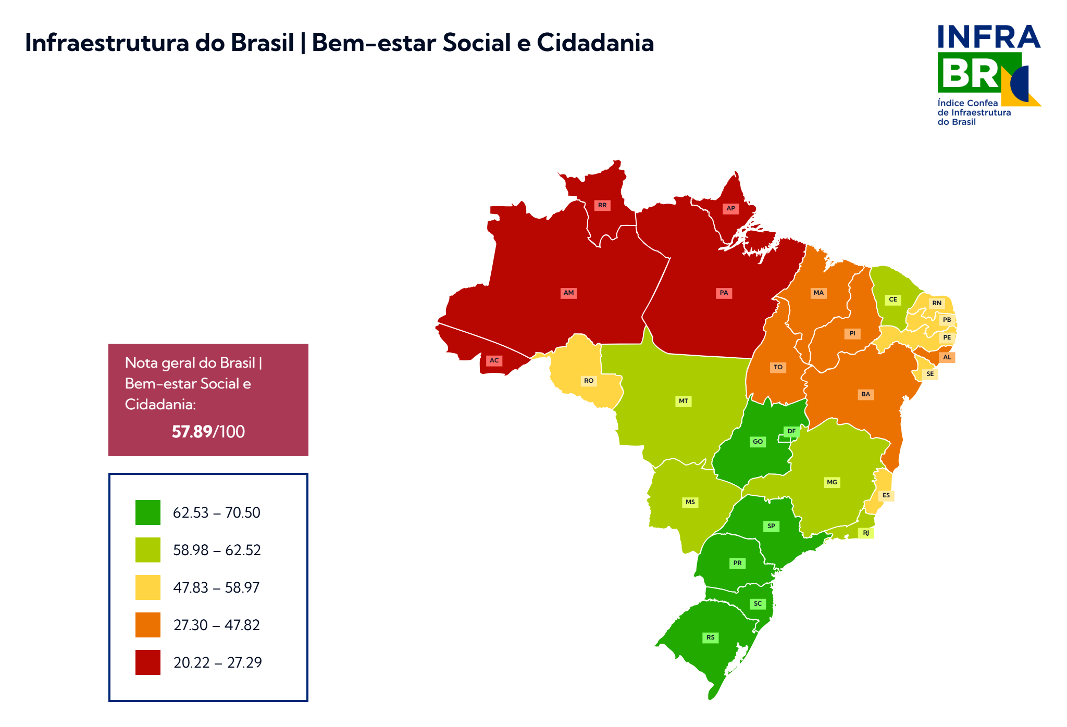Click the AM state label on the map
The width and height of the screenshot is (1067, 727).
point(568,293)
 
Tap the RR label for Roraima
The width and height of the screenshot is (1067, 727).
point(602,205)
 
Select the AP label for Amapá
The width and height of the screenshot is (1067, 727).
point(730,208)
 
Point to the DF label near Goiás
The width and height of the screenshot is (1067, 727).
point(791,431)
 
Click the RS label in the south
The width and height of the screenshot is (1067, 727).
point(711,637)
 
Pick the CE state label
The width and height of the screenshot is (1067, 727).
point(893,299)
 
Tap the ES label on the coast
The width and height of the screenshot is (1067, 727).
point(886,495)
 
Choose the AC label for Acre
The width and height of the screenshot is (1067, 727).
point(494,360)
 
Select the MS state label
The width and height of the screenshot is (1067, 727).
point(690,502)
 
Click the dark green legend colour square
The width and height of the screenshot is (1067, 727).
point(148,512)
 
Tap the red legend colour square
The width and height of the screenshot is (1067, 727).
point(148,662)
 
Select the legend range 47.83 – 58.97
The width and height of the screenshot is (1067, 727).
point(216,587)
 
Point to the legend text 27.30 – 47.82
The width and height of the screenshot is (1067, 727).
point(216,625)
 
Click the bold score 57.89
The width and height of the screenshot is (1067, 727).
point(192,432)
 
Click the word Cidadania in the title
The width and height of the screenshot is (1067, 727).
point(595,43)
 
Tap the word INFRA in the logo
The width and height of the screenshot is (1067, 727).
point(988,37)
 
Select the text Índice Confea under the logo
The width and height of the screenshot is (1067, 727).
point(967,103)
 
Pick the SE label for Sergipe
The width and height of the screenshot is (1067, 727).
point(930,374)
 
